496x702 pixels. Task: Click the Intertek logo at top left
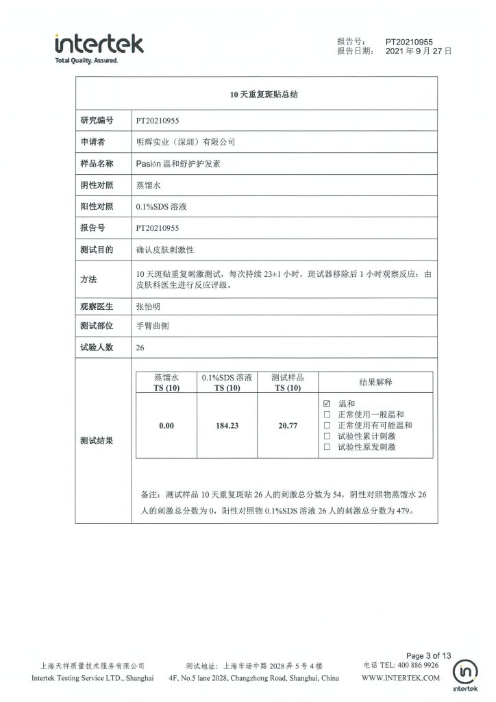click(x=99, y=46)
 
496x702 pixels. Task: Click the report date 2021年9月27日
click(x=419, y=51)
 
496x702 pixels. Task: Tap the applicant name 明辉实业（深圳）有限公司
click(x=186, y=143)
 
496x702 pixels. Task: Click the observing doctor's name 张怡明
click(x=151, y=306)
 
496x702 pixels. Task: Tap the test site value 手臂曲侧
click(x=152, y=326)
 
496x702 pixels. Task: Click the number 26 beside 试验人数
click(x=140, y=348)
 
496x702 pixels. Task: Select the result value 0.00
click(x=166, y=426)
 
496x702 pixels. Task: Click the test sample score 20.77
click(x=287, y=426)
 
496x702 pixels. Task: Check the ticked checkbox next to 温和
click(x=327, y=404)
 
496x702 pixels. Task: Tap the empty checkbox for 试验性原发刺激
click(x=327, y=447)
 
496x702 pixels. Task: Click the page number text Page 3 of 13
click(x=429, y=655)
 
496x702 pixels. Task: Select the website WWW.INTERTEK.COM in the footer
click(x=400, y=678)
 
